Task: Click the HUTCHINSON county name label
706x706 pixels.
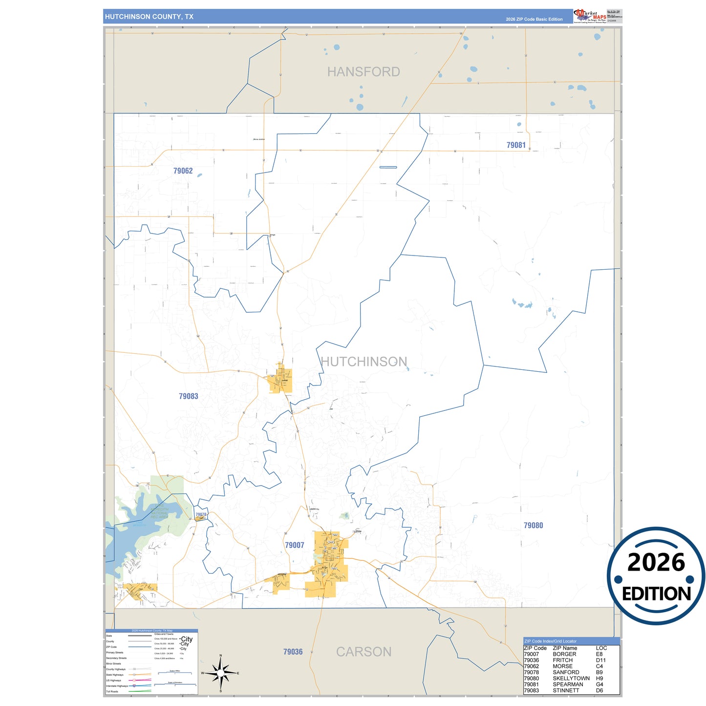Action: click(x=364, y=362)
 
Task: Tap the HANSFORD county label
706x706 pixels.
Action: click(x=364, y=72)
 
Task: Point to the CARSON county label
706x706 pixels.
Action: click(x=364, y=652)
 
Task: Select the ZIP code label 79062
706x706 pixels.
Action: click(x=183, y=171)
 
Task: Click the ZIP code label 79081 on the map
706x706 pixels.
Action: click(x=516, y=145)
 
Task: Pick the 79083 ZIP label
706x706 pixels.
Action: click(x=189, y=396)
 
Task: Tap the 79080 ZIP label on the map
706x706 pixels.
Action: click(x=533, y=525)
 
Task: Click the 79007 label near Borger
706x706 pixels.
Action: click(x=295, y=545)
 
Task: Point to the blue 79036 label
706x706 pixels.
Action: click(x=293, y=652)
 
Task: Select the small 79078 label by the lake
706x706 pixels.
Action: click(x=201, y=514)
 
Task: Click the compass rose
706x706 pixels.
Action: click(x=220, y=673)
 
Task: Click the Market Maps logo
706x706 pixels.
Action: click(x=590, y=16)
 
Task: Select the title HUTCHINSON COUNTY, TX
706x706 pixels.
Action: click(x=149, y=17)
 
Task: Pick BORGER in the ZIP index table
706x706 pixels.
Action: click(x=564, y=654)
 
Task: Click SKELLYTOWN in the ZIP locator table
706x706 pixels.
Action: click(x=571, y=679)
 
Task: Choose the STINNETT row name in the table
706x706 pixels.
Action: click(x=566, y=690)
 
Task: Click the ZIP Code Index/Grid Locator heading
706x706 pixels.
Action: click(x=550, y=641)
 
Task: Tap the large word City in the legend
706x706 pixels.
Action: click(x=187, y=639)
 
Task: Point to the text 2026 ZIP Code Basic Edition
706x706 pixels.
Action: click(x=534, y=20)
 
